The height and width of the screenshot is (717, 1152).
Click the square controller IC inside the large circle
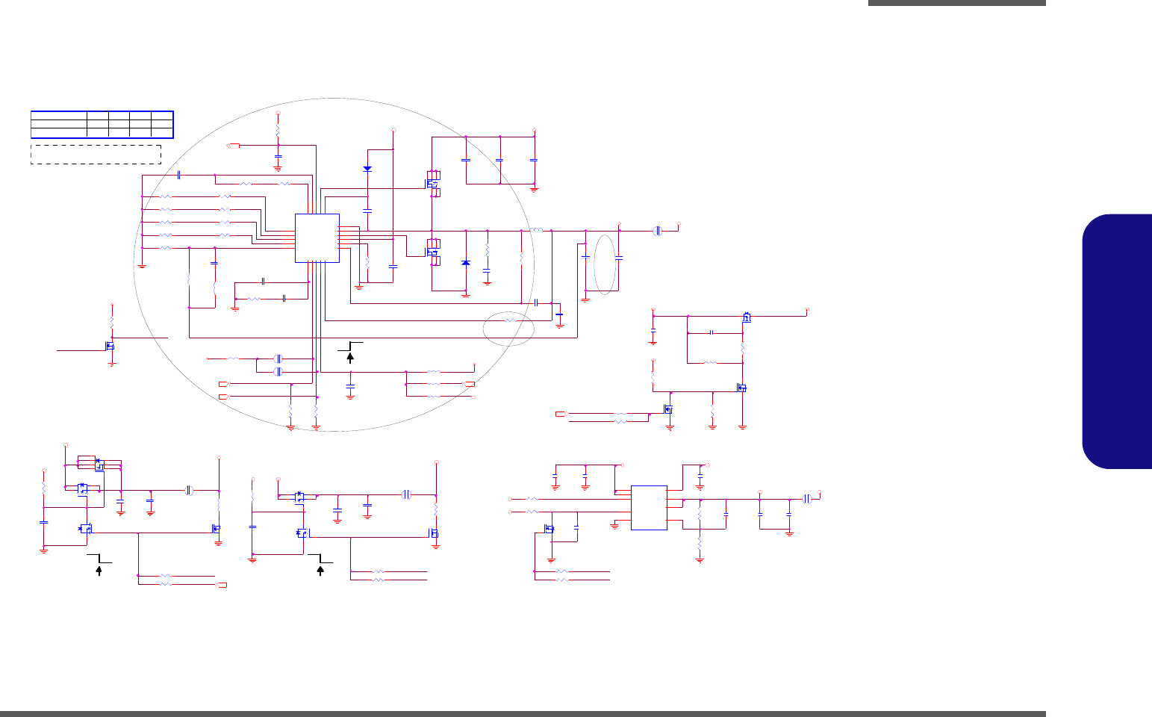tap(317, 238)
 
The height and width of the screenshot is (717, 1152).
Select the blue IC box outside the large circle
tap(649, 508)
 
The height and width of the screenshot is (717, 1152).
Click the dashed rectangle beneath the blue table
tap(96, 154)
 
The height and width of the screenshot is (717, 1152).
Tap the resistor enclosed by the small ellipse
tap(510, 320)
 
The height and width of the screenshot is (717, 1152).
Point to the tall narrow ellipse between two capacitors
tap(605, 264)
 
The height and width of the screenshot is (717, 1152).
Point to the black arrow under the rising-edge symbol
tap(350, 357)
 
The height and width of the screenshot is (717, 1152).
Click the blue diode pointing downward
tap(367, 169)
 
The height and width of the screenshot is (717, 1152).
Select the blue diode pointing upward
tap(466, 263)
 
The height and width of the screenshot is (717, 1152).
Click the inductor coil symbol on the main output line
tap(536, 230)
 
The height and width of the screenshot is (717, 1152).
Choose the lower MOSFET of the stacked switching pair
tap(432, 252)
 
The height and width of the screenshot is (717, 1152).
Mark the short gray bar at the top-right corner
tap(956, 3)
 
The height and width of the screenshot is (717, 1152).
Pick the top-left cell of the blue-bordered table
tap(58, 116)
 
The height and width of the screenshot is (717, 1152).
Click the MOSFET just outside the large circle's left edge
tap(110, 347)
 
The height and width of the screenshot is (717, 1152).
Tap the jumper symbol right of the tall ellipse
tap(658, 231)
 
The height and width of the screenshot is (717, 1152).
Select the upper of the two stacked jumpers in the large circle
tap(278, 358)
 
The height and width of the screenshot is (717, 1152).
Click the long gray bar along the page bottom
tap(523, 713)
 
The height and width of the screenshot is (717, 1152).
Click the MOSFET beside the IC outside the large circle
tap(549, 529)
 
